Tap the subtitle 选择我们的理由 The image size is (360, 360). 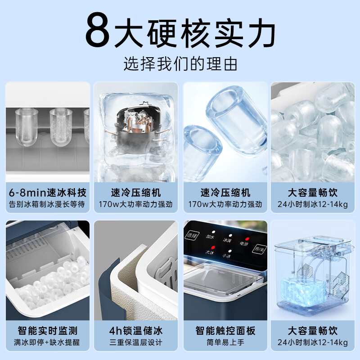click(180, 64)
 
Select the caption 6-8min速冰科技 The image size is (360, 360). click(48, 193)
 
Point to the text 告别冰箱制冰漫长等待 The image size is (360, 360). click(48, 204)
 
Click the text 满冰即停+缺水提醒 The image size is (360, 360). click(48, 342)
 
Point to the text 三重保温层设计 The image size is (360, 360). click(136, 342)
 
